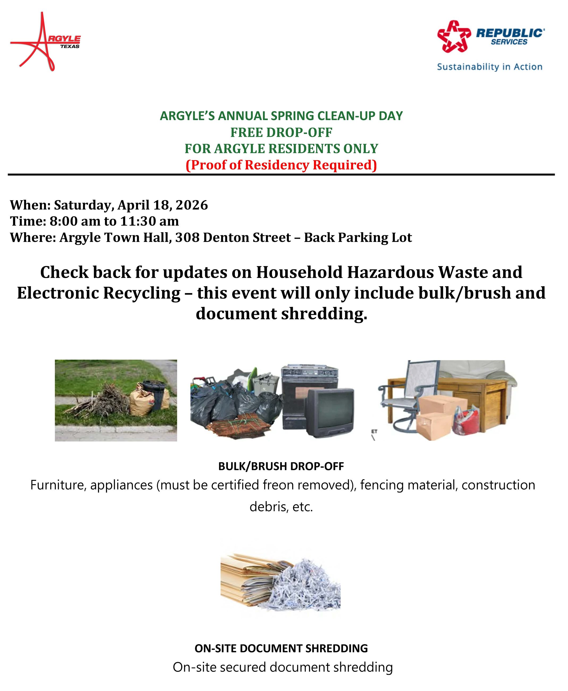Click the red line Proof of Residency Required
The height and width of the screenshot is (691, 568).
[281, 165]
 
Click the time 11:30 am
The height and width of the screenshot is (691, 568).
[149, 222]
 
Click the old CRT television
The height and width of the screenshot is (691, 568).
[330, 412]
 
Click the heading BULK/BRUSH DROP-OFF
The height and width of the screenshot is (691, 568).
[281, 466]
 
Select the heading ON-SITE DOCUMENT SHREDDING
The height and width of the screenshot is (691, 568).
[281, 648]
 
